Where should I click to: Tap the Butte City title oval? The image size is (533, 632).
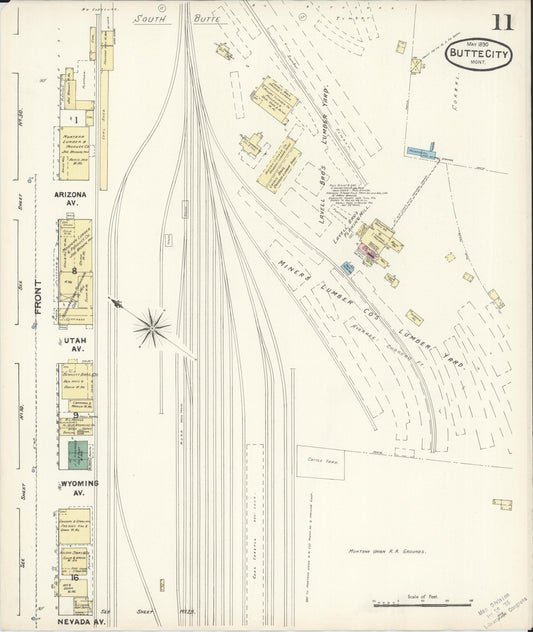pyautogui.click(x=479, y=53)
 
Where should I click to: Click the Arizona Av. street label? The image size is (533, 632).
pyautogui.click(x=70, y=200)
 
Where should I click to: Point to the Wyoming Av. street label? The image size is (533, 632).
pyautogui.click(x=72, y=487)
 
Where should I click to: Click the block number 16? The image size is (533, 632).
pyautogui.click(x=74, y=578)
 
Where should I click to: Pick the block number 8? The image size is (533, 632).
pyautogui.click(x=74, y=271)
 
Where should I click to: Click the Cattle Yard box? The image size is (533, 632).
pyautogui.click(x=320, y=462)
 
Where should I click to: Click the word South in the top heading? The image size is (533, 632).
pyautogui.click(x=151, y=18)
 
